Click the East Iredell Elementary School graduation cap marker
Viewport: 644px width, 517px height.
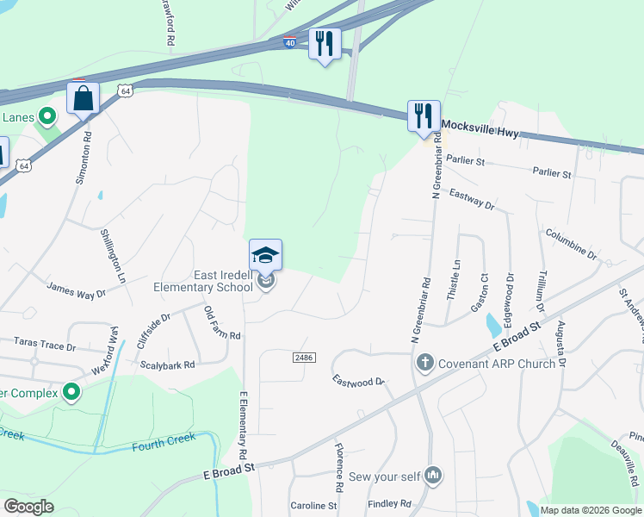[266, 254]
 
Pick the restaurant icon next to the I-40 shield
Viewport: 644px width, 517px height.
[325, 43]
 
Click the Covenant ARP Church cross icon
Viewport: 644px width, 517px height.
[424, 363]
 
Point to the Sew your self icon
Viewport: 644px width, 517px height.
[434, 475]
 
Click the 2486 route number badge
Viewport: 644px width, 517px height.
[302, 357]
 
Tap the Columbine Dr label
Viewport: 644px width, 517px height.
[571, 244]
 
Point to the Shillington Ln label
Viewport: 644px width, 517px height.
[113, 256]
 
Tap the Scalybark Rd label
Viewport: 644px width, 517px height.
[168, 364]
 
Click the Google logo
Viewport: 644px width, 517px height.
[28, 506]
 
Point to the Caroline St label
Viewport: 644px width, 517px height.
[313, 506]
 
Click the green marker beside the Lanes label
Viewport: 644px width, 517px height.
[48, 115]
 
